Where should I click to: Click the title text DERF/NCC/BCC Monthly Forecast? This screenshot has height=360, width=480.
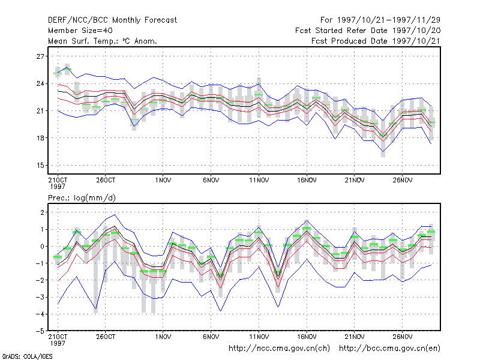(112, 20)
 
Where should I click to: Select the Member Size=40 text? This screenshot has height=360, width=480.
(80, 31)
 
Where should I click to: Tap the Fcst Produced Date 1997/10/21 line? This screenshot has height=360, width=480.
(376, 41)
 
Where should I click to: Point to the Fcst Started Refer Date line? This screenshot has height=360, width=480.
(368, 31)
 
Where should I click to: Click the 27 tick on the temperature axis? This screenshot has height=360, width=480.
(40, 56)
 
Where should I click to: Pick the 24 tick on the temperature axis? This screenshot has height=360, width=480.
(40, 83)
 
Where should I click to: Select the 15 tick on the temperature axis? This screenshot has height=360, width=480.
(40, 166)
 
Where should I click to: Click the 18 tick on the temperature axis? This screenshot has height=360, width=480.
(40, 138)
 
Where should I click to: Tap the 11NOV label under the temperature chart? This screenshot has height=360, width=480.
(259, 181)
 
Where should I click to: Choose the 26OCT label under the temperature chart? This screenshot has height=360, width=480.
(106, 181)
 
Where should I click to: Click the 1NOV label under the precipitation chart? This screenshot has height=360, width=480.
(163, 337)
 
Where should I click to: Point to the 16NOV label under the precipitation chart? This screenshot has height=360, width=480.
(307, 337)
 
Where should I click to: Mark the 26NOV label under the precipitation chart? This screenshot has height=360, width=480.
(403, 337)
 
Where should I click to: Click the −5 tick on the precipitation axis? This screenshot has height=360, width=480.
(40, 331)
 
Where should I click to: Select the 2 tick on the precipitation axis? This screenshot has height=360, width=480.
(42, 212)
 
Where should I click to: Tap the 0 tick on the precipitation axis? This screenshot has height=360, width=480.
(42, 247)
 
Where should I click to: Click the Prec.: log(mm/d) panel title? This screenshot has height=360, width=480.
(82, 198)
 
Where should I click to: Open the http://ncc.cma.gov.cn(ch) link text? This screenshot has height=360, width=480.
(279, 349)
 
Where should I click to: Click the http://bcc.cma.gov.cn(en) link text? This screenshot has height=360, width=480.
(389, 349)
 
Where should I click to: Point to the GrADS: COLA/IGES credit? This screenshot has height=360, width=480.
(27, 356)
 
